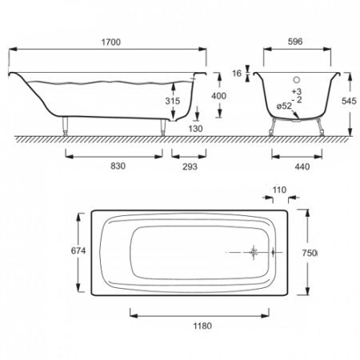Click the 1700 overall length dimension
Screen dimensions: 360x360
click(x=111, y=42)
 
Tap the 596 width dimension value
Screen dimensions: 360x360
click(x=295, y=42)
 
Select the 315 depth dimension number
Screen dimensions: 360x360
click(x=173, y=101)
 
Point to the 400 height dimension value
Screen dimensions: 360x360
click(x=218, y=96)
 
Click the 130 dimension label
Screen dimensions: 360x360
click(x=195, y=129)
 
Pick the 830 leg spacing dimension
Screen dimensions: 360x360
click(x=118, y=166)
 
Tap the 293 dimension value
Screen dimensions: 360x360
click(x=190, y=166)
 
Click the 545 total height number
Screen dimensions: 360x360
click(x=349, y=101)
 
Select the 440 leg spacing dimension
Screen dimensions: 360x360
click(x=302, y=166)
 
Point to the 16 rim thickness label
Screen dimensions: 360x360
click(x=237, y=73)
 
